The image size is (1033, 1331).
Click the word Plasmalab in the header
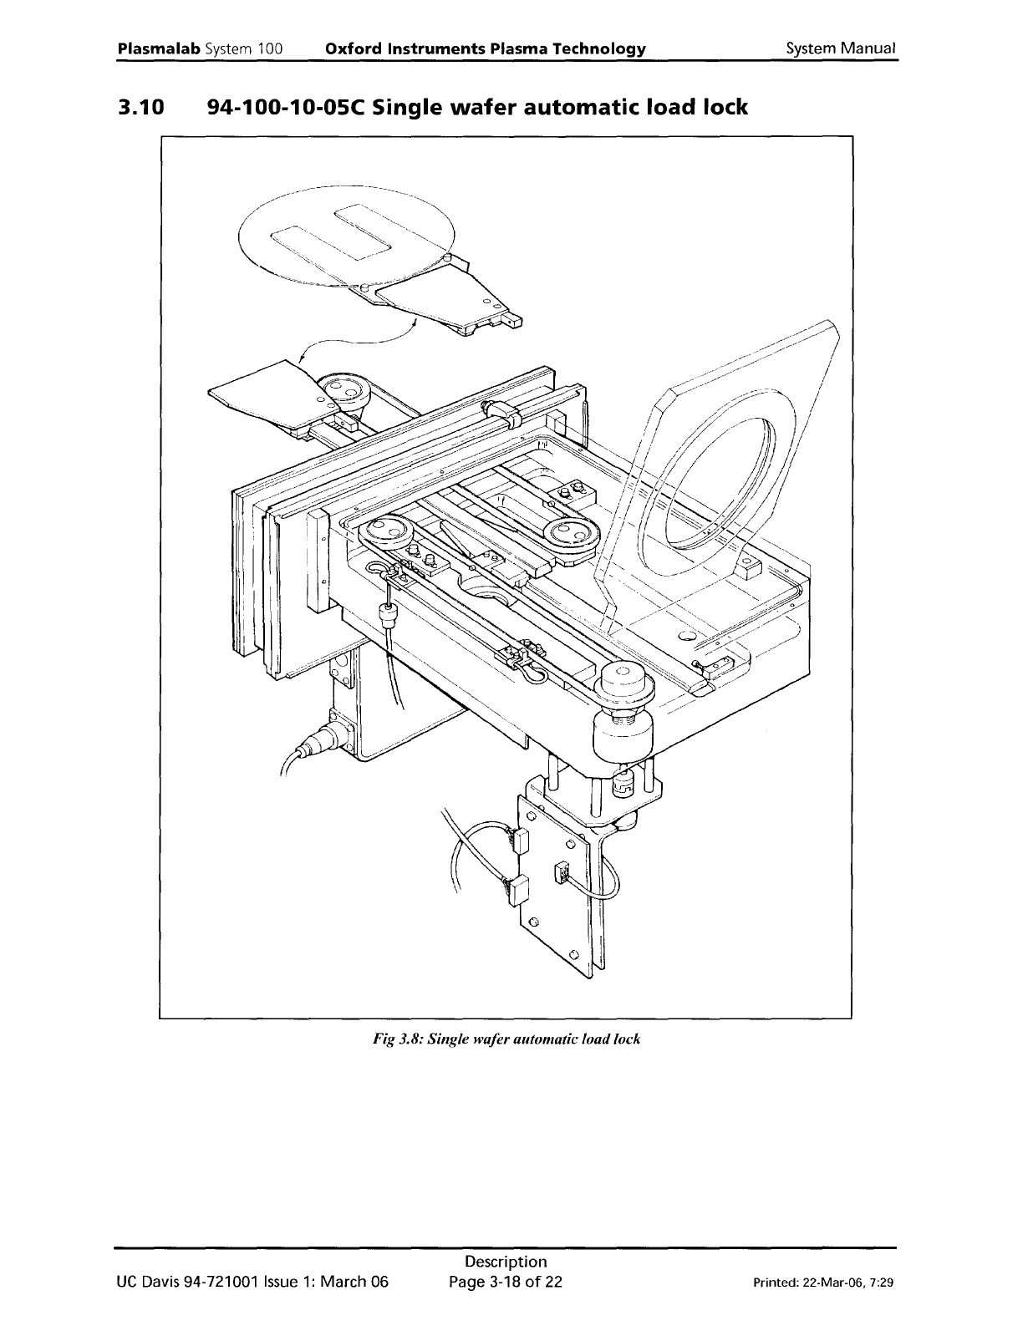point(158,48)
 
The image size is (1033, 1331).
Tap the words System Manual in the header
point(841,48)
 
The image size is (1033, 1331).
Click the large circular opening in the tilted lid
point(719,485)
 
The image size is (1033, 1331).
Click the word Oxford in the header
point(351,48)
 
